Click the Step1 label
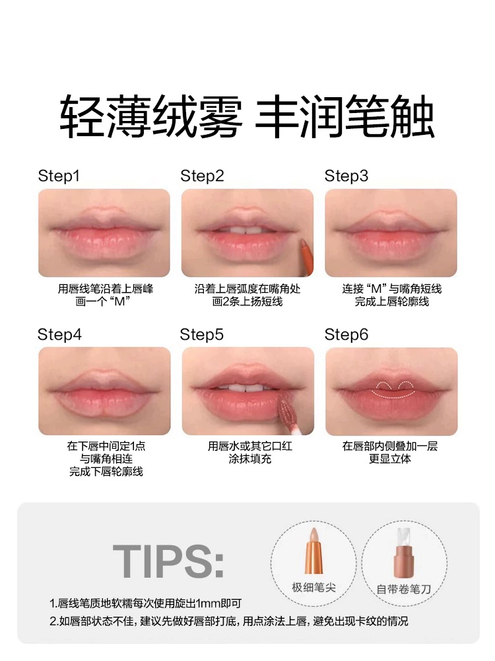pos(59,176)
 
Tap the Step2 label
pos(202,176)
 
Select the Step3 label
pos(346,176)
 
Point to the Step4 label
pos(59,334)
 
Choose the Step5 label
pos(201,334)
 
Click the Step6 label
pos(346,334)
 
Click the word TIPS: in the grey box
pos(168,561)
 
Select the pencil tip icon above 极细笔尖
pos(313,551)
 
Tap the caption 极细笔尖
pos(313,587)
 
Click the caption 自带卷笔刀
pos(404,589)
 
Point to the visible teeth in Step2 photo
pos(245,231)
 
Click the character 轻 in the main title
pos(82,116)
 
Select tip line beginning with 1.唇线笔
pos(145,603)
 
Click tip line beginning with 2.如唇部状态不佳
pos(228,621)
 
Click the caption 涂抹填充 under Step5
pos(250,459)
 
